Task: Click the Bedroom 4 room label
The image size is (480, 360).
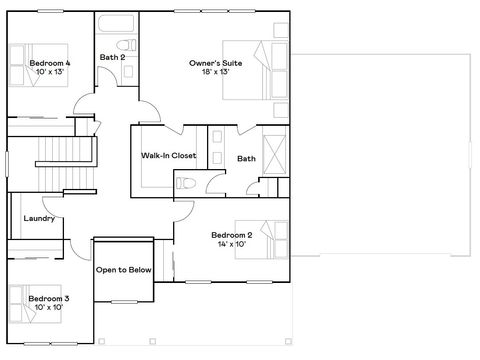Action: (x=41, y=63)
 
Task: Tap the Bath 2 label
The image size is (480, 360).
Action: (x=111, y=57)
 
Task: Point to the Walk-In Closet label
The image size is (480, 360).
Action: (x=167, y=156)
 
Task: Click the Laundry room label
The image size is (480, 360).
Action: (x=37, y=218)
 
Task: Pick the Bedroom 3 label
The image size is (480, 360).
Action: (x=48, y=298)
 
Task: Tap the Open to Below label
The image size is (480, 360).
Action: (x=123, y=270)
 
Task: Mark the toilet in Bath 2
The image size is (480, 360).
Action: (x=124, y=44)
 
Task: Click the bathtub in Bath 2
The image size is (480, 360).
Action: (x=116, y=22)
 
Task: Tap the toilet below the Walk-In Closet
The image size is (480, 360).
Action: (x=186, y=181)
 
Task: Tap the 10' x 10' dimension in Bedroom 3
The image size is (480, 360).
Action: (x=48, y=308)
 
